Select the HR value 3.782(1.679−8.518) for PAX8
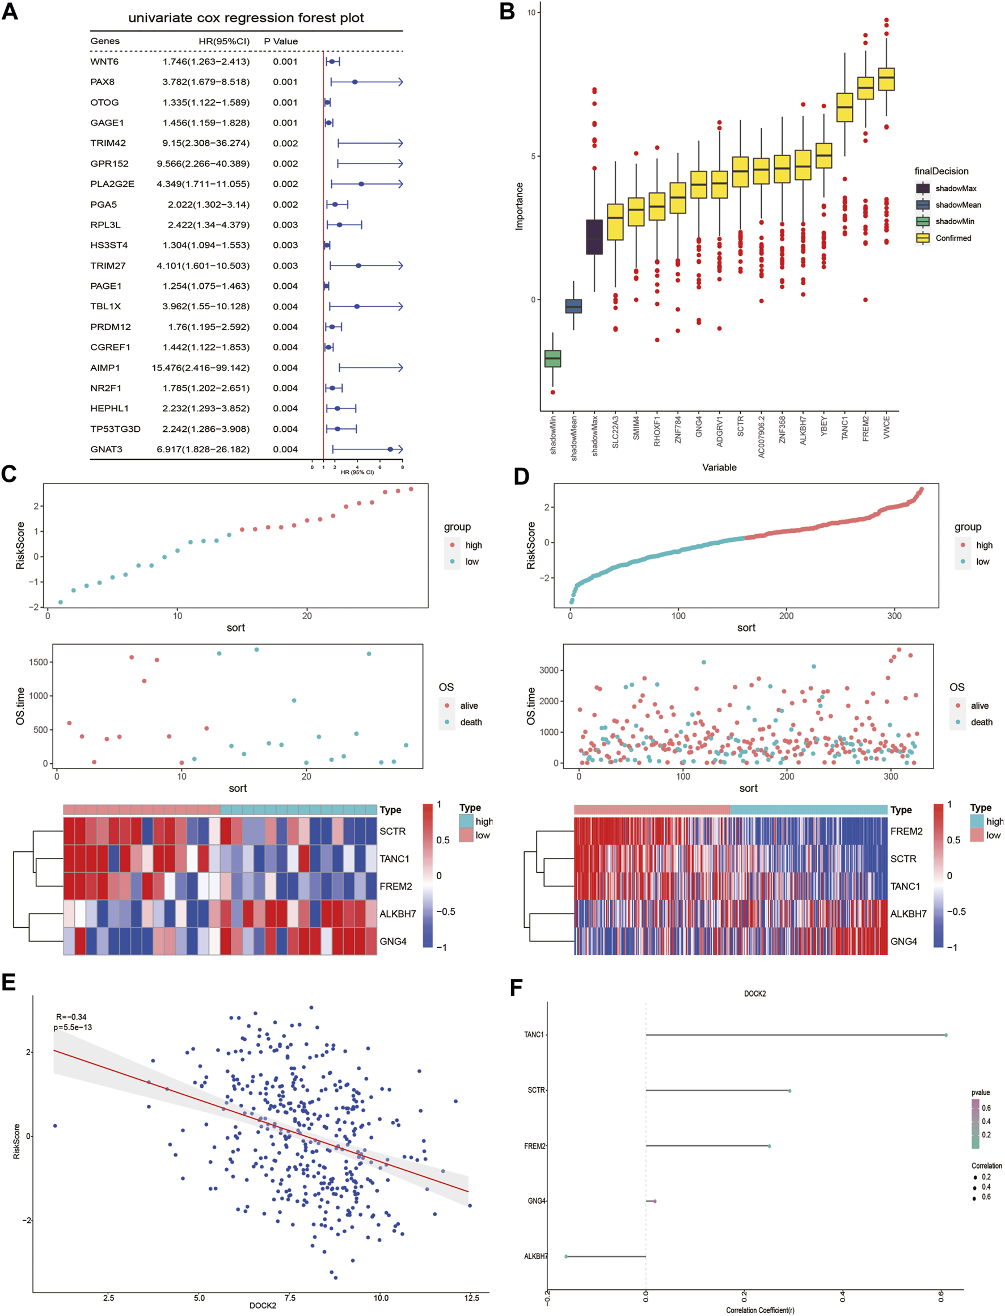pos(206,82)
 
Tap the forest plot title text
pos(246,18)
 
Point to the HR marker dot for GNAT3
pos(390,449)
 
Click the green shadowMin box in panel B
pos(553,359)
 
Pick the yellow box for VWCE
pos(886,79)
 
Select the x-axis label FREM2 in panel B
pos(865,428)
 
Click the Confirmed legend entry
pos(953,238)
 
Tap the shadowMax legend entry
pos(955,188)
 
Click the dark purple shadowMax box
pos(594,237)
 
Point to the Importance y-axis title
pos(520,207)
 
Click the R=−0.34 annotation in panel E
pos(71,1017)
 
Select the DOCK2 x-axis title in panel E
pos(263,1305)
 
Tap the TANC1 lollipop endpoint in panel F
pos(946,1035)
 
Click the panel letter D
pos(521,476)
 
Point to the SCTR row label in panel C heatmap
pos(392,831)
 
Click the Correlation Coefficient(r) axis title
pos(760,1310)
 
